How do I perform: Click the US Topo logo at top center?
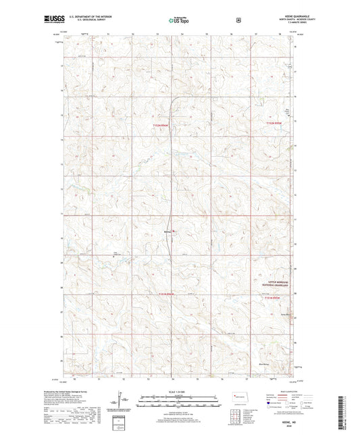179,20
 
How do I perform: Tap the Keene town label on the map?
168,233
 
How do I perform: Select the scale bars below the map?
180,403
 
